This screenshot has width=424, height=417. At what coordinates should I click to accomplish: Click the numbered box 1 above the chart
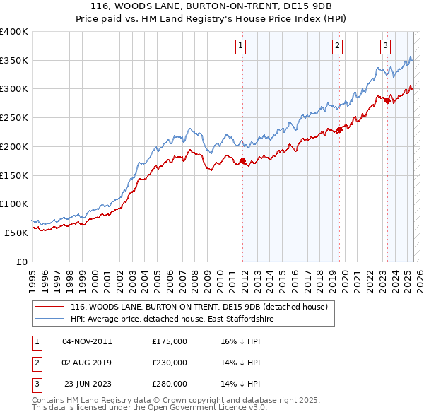point(240,47)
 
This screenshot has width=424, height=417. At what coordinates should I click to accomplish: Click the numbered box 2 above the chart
point(337,47)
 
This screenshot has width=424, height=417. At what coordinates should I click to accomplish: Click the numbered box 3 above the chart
point(385,47)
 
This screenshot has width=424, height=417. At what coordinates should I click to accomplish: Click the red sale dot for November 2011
point(242,161)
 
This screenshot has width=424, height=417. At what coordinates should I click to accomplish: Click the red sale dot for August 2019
point(339,129)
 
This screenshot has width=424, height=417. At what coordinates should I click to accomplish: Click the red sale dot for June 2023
point(388,100)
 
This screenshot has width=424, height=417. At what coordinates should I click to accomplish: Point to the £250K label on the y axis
point(14,117)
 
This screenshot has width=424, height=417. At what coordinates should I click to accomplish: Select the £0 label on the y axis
point(22,262)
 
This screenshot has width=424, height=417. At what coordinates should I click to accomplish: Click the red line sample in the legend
point(49,307)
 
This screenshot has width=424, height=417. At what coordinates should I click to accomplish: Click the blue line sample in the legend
point(49,319)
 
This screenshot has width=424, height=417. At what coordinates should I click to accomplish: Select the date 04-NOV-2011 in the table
point(87,341)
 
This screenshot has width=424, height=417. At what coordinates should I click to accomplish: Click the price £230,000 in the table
point(170,363)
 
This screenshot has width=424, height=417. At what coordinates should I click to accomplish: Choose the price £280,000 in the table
point(170,384)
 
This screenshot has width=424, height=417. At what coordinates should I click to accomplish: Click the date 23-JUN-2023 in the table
point(88,384)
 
